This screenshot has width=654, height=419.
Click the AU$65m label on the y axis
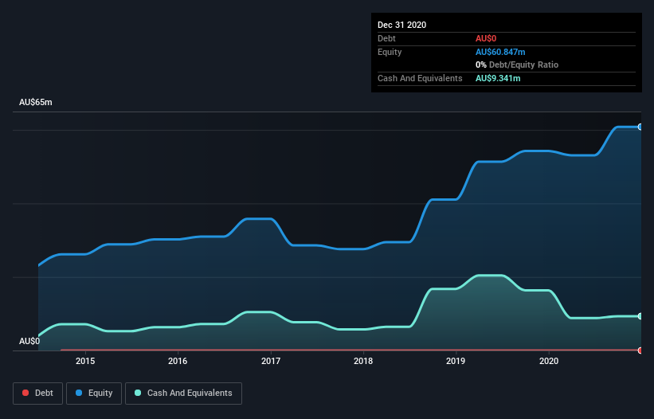coord(36,103)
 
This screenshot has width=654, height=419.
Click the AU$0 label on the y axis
coord(29,341)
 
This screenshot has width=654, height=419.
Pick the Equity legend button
coord(94,393)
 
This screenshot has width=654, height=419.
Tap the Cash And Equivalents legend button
coord(183,393)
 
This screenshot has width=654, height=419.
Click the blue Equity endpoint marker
coord(640,127)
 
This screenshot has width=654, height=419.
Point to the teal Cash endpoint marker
coord(640,316)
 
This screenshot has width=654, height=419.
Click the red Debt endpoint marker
coord(640,350)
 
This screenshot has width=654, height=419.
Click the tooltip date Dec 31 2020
coord(402,25)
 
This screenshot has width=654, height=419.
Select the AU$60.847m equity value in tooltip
coord(500,52)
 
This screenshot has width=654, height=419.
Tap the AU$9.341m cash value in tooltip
coord(498,78)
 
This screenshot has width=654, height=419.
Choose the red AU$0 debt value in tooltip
coord(487,38)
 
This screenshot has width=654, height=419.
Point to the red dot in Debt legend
coord(25,393)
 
